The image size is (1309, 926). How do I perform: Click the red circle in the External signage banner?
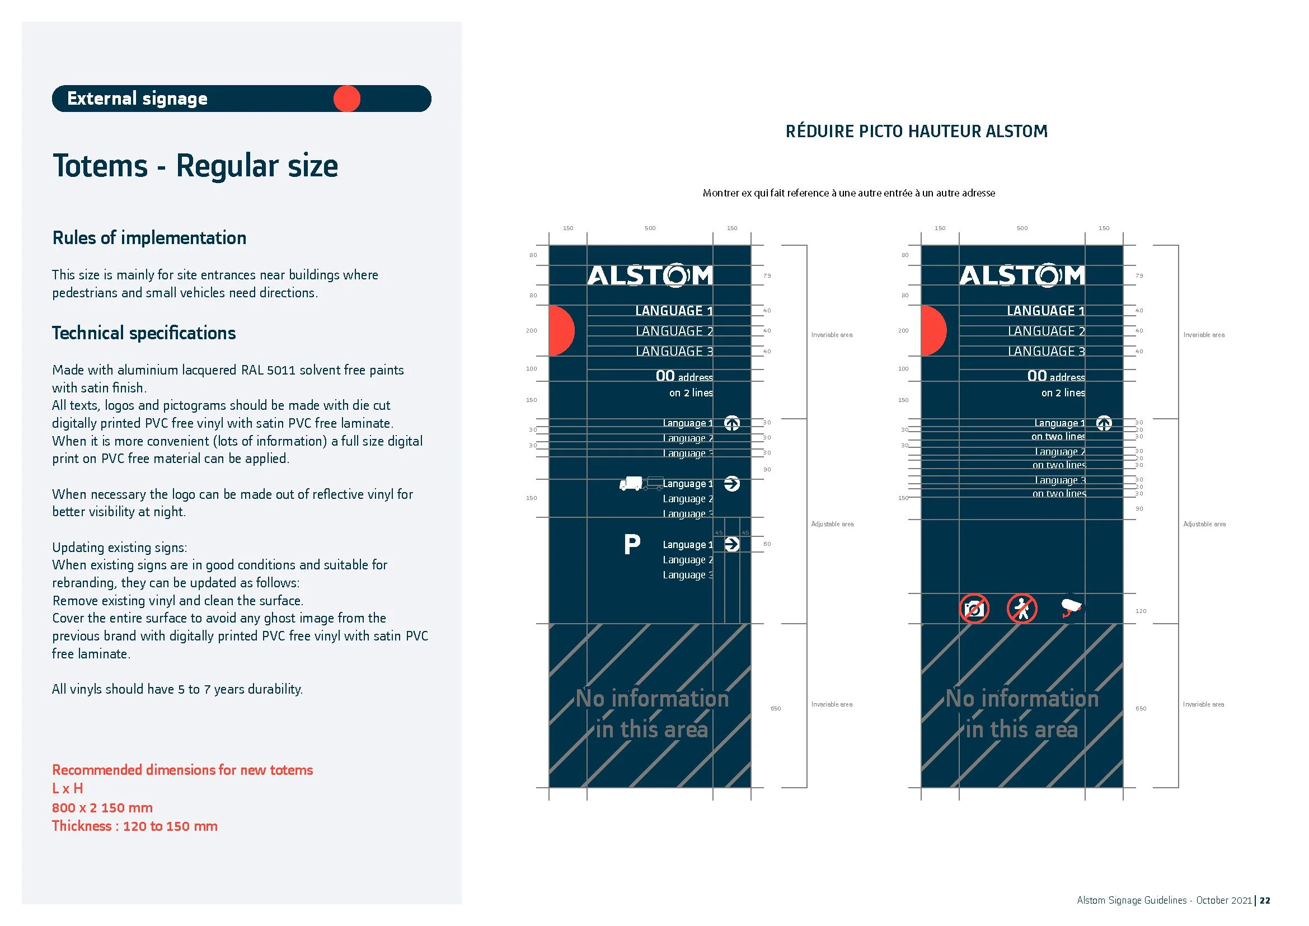(x=346, y=99)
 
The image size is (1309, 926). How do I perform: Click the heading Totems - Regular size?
(x=195, y=166)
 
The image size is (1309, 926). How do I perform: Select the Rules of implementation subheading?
(x=149, y=238)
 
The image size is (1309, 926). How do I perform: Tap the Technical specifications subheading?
(x=144, y=333)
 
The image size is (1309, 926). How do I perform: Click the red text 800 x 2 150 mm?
(x=102, y=807)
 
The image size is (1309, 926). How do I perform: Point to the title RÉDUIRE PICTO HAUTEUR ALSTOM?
(x=916, y=132)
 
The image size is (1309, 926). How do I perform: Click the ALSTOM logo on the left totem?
(x=650, y=275)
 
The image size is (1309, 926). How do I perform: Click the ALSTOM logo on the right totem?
(x=1022, y=275)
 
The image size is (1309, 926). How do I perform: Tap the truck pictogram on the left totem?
(x=631, y=484)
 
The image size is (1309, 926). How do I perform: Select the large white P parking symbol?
(x=632, y=545)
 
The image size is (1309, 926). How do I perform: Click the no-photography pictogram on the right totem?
(x=974, y=609)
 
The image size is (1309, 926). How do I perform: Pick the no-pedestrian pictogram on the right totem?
(x=1022, y=609)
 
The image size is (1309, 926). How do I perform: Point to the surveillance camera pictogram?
(x=1071, y=608)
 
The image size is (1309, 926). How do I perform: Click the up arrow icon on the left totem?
(x=732, y=424)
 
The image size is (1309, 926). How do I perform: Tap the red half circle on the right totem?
(x=933, y=331)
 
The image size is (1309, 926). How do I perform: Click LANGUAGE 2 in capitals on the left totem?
(x=674, y=331)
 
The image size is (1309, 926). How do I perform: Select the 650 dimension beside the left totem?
(x=775, y=709)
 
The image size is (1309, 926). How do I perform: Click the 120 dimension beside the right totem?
(x=1140, y=611)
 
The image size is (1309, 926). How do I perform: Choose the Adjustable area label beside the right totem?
(x=1204, y=524)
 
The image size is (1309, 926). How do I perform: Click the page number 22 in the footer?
(x=1265, y=900)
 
